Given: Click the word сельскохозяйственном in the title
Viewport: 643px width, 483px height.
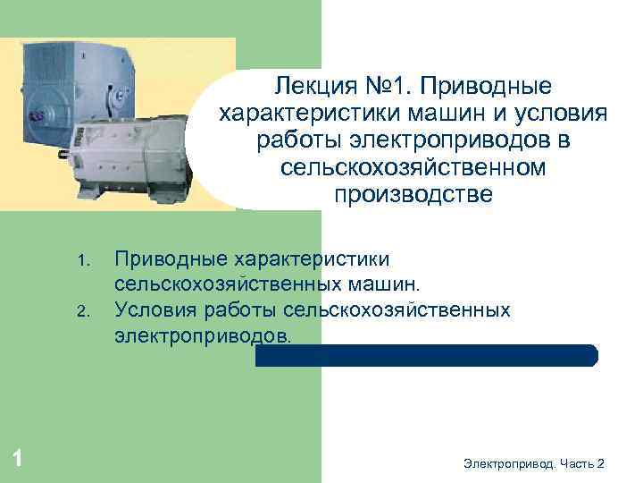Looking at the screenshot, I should (413, 167).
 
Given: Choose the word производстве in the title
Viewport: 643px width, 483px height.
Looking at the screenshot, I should (413, 194).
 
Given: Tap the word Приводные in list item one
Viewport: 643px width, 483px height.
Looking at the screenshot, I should (170, 259).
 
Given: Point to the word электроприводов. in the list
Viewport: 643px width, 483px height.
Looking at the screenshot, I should (203, 335).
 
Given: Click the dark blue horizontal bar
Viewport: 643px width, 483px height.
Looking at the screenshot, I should (426, 356).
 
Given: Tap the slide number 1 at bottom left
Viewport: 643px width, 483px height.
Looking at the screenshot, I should (18, 459).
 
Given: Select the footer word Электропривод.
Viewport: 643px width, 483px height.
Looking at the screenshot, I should (510, 462).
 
